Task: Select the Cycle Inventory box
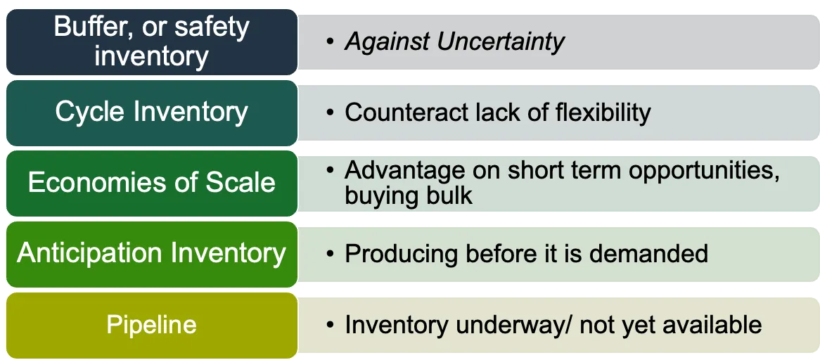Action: (151, 112)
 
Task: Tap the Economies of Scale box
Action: (151, 182)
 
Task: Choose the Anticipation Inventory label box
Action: (151, 253)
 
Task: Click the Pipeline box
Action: (151, 325)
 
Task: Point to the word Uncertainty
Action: (500, 42)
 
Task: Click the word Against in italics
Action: (387, 42)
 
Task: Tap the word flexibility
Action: (598, 112)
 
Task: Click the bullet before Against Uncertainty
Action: (329, 43)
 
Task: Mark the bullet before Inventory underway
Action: (329, 326)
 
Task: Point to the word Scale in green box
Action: (241, 182)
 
